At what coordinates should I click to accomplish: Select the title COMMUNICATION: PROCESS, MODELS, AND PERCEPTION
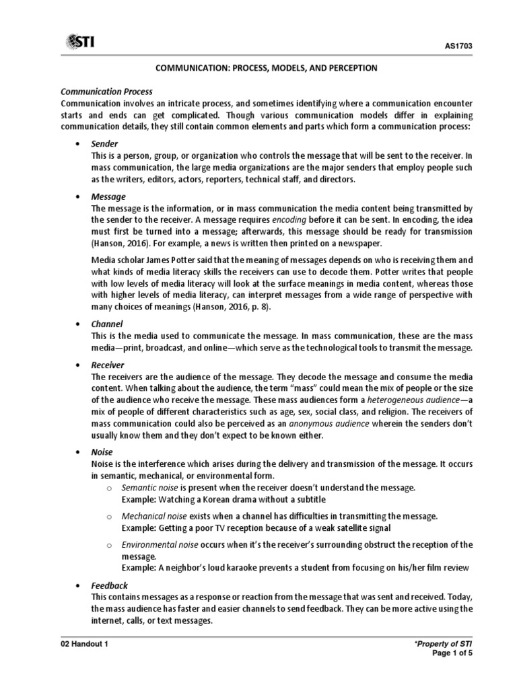coord(257,69)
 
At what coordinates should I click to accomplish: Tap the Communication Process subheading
coord(107,91)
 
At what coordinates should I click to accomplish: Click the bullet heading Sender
coord(104,144)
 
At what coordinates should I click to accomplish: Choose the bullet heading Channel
coord(107,324)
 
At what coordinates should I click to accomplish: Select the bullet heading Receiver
coord(108,364)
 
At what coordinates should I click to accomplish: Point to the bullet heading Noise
coord(102,452)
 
